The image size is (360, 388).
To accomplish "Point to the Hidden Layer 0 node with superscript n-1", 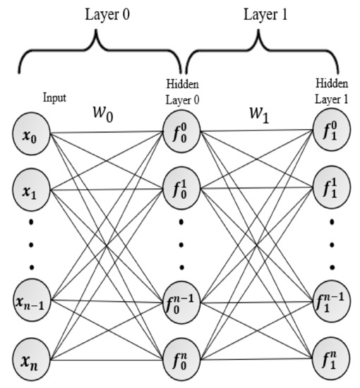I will click(181, 302).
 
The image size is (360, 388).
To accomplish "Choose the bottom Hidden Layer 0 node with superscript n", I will click(181, 360).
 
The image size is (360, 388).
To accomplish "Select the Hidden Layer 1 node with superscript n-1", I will click(330, 302).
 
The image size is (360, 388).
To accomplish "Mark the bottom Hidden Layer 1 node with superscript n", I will click(330, 360).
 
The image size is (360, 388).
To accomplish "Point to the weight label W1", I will click(250, 113).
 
